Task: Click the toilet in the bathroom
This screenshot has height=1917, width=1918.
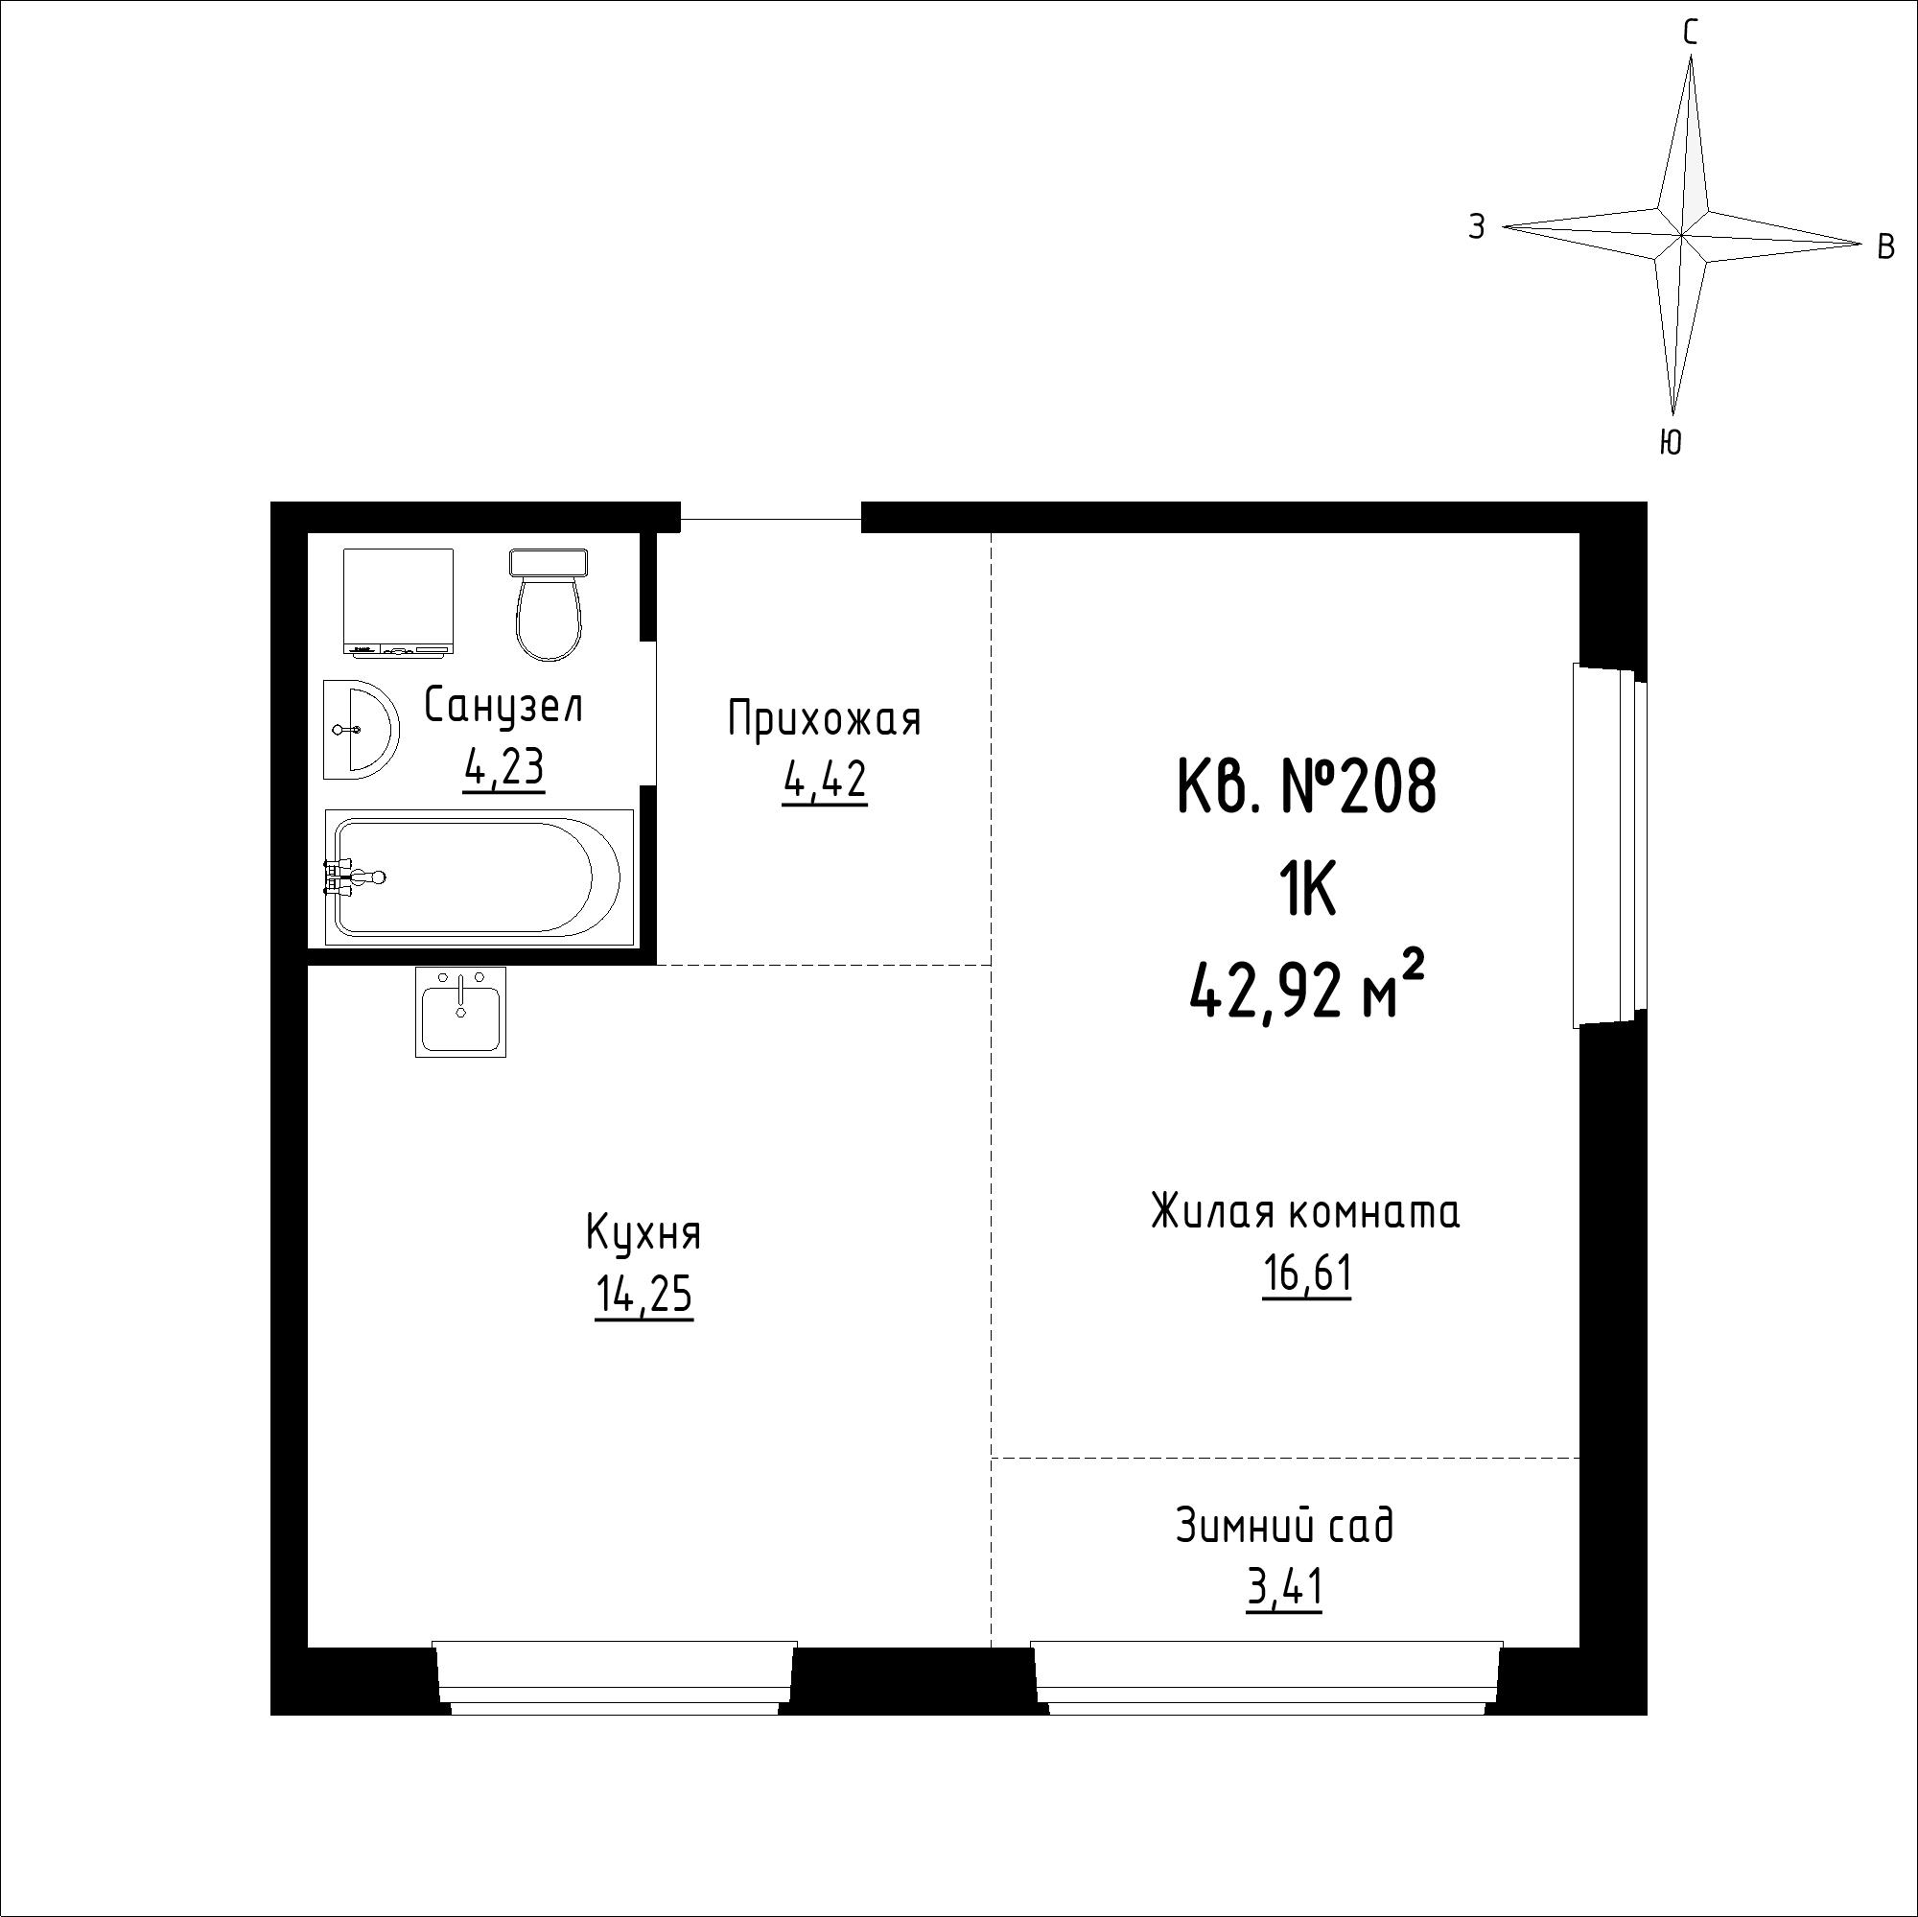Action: coord(548,604)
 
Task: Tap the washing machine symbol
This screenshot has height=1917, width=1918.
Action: coord(398,601)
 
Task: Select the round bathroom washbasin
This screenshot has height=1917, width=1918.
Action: coord(361,730)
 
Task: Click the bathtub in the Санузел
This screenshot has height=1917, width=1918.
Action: coord(479,877)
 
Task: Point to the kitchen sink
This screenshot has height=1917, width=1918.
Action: coord(460,1012)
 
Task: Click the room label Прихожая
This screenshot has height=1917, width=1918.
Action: coord(824,718)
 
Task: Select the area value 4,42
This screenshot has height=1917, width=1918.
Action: coord(824,781)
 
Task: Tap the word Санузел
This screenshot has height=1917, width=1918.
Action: coord(503,706)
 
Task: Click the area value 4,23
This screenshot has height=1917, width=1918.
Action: coord(503,767)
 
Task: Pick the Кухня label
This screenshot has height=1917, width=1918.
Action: coord(643,1234)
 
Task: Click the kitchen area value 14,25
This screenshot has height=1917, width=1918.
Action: coord(643,1296)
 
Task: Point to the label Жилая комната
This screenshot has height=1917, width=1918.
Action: coord(1305,1212)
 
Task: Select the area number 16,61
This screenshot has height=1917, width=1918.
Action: coord(1306,1274)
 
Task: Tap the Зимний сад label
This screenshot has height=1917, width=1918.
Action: coord(1285,1526)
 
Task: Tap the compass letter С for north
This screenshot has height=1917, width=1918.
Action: coord(1690,34)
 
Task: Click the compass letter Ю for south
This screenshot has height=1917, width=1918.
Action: coord(1671,442)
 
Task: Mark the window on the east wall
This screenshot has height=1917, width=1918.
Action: coord(1609,847)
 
